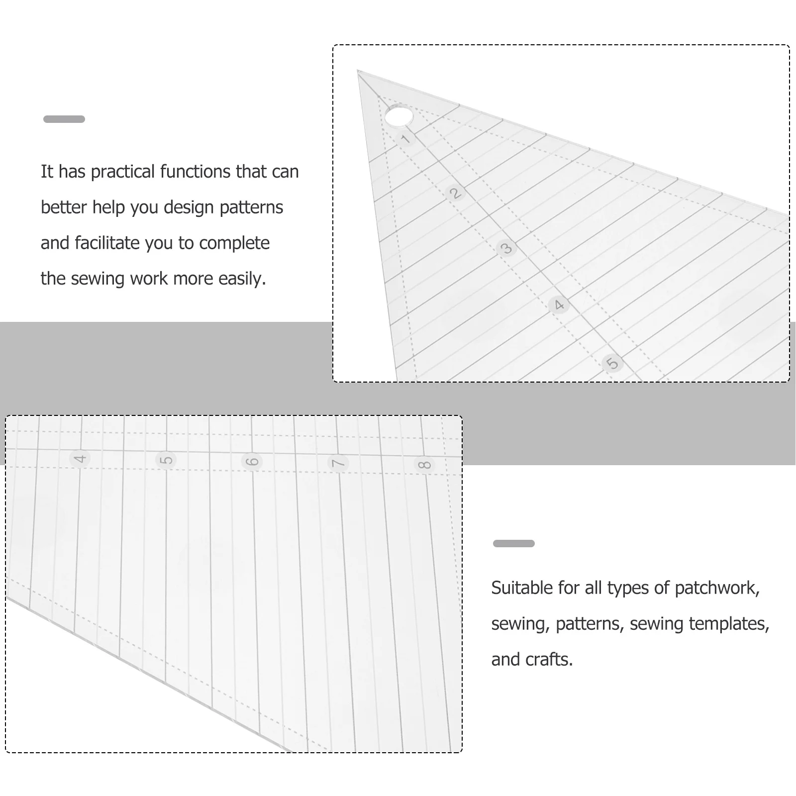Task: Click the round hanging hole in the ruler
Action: [x=398, y=117]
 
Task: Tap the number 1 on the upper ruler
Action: [x=406, y=139]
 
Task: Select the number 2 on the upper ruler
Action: [x=455, y=193]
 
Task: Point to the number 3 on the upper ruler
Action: [x=506, y=248]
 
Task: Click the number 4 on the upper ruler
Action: [x=559, y=304]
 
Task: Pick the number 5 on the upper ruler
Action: [x=612, y=363]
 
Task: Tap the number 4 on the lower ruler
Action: [x=80, y=458]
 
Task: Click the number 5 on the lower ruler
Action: [x=166, y=460]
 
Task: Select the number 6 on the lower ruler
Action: [x=252, y=461]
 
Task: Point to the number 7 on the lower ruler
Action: [x=338, y=463]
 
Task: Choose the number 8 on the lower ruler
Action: [x=424, y=465]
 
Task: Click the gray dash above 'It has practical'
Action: [x=64, y=119]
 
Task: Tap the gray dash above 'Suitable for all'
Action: [x=513, y=543]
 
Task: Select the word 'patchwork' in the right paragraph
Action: [x=716, y=588]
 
